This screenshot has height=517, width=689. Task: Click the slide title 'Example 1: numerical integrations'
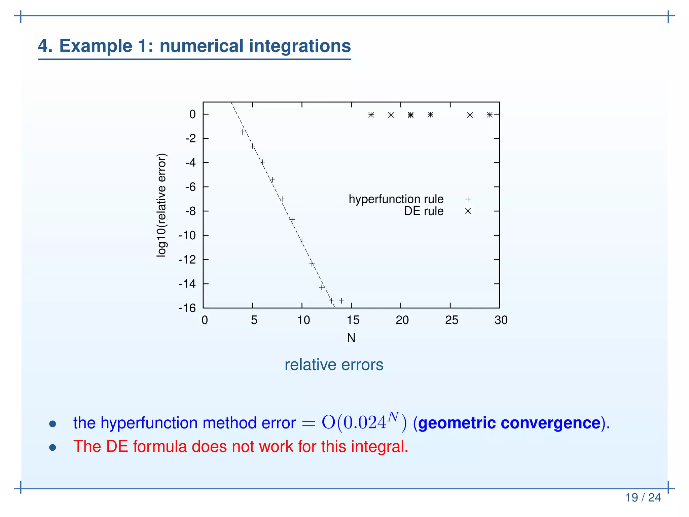coord(194,46)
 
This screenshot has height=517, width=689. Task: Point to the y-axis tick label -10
coord(187,235)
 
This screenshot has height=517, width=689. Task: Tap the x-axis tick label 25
coord(451,320)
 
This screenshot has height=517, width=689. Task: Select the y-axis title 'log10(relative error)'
coord(161,205)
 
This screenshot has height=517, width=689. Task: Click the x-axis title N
coord(351,338)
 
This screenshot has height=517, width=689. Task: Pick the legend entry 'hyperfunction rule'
coord(396,199)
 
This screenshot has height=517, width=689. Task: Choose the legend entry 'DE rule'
coord(424,211)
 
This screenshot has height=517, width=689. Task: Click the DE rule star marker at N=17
coord(371,115)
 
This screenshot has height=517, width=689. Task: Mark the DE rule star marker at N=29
coord(489,115)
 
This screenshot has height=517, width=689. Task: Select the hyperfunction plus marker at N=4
coord(243,132)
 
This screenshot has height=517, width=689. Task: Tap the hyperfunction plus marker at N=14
coord(341,301)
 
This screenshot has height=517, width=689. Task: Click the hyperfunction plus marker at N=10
coord(302,241)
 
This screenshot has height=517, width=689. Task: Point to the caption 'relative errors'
coord(334,365)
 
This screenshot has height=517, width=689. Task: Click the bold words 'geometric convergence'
coord(509,423)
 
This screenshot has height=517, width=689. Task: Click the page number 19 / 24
coord(643,497)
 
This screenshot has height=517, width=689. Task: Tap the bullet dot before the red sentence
coord(52,447)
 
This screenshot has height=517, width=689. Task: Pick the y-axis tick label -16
coord(187,308)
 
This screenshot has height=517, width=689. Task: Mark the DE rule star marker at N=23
coord(430,115)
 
